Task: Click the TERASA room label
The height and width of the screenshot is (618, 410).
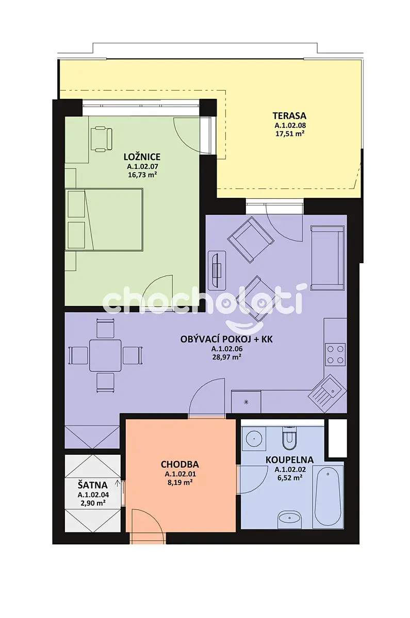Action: (289, 115)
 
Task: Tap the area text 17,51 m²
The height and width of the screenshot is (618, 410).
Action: (290, 134)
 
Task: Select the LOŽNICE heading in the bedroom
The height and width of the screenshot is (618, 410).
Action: (142, 157)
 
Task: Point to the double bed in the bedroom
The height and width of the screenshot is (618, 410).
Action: (104, 219)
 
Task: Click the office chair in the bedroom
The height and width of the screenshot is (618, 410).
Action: (102, 139)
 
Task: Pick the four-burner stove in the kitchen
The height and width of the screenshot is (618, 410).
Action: (336, 354)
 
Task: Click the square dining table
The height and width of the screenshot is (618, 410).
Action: (105, 355)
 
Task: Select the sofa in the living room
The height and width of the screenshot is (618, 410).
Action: (328, 258)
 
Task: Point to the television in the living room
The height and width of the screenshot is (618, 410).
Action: (217, 270)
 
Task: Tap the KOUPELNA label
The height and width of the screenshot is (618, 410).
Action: (289, 460)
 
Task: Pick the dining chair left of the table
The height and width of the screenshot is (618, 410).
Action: (78, 355)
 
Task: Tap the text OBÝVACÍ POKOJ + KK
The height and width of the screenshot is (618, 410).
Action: (226, 339)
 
